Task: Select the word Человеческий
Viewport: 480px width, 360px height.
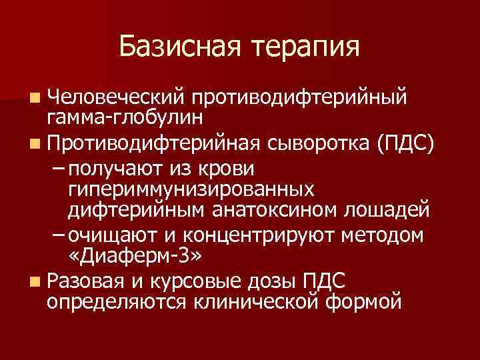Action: click(x=115, y=98)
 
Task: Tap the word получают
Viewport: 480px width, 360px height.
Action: click(x=112, y=167)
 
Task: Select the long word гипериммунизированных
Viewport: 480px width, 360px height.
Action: click(x=191, y=189)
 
